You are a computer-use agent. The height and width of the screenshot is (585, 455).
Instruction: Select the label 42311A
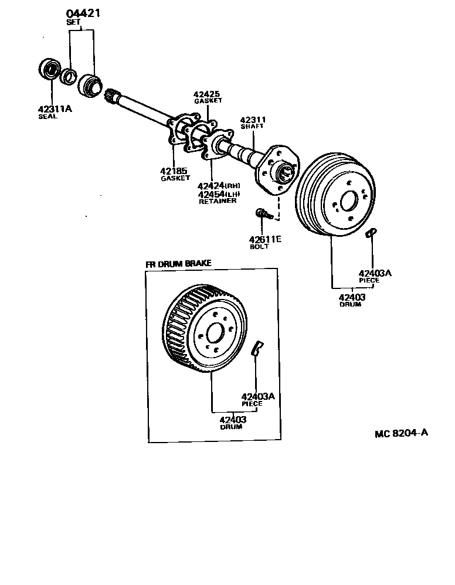[55, 108]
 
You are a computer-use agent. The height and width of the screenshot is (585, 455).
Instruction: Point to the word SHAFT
[252, 127]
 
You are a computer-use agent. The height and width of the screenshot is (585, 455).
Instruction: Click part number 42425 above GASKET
[208, 94]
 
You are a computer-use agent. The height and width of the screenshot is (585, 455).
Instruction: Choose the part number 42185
[174, 171]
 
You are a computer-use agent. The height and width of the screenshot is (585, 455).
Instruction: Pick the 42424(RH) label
[219, 186]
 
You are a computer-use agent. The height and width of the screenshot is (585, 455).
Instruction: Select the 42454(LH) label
[219, 194]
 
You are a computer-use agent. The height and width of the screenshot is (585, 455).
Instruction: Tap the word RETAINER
[218, 201]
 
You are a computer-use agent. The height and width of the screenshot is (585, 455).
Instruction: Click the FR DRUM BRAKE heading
[178, 264]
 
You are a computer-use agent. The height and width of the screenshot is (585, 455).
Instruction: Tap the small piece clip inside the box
[256, 348]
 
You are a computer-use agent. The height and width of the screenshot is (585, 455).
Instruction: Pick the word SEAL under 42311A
[48, 116]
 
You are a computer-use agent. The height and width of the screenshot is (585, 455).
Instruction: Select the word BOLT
[259, 247]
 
